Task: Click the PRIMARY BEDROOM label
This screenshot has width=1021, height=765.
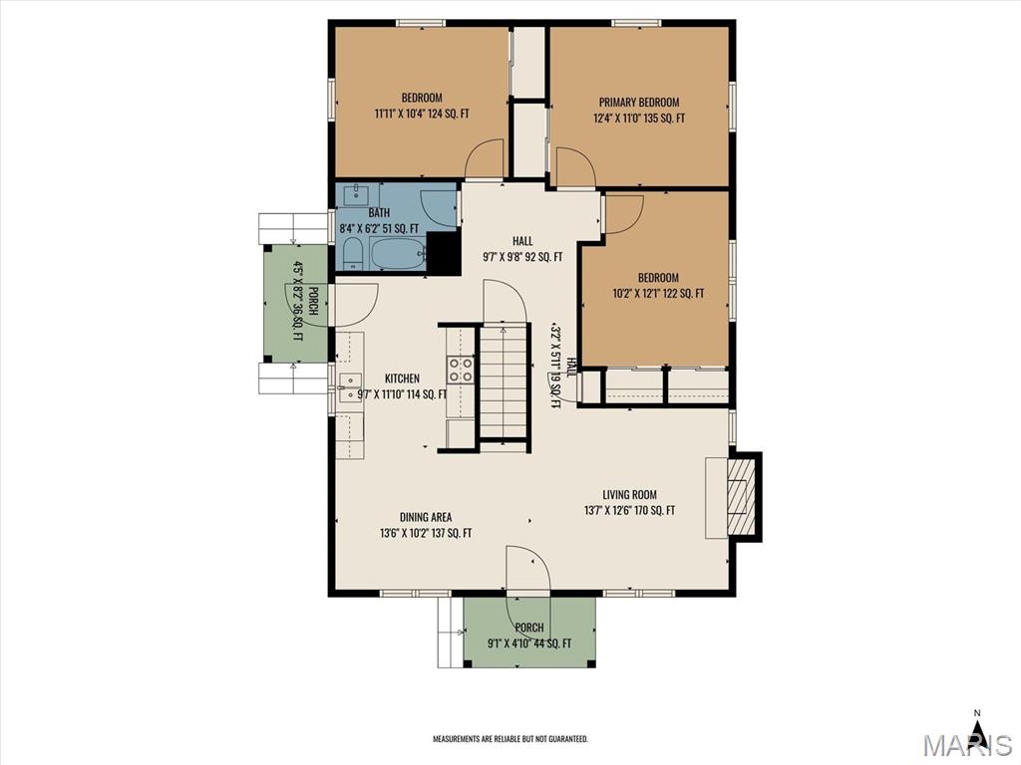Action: [639, 103]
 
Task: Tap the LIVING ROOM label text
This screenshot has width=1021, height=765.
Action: [629, 494]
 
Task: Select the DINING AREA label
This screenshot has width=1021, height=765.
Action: [425, 517]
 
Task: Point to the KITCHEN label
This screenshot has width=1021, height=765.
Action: [402, 378]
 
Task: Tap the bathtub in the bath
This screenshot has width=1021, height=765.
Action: [398, 253]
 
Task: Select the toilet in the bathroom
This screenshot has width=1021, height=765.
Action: [352, 253]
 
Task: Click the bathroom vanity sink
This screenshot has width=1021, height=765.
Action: [357, 194]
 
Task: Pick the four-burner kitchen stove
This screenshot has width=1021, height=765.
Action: [460, 370]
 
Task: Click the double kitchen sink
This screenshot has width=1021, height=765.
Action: [350, 388]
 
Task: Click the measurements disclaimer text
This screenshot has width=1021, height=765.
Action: [510, 739]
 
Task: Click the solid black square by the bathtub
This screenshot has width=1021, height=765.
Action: [442, 252]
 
